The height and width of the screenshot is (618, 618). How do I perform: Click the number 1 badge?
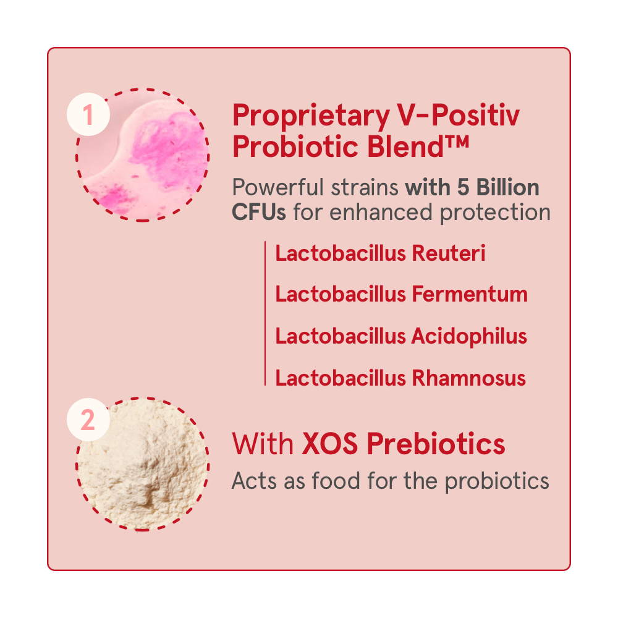pyautogui.click(x=88, y=114)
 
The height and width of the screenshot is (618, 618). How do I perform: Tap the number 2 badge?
pyautogui.click(x=88, y=420)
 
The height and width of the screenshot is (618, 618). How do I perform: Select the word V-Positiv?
pyautogui.click(x=459, y=115)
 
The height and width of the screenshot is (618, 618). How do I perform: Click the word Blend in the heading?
pyautogui.click(x=405, y=146)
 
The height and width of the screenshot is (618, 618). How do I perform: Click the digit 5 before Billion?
pyautogui.click(x=463, y=187)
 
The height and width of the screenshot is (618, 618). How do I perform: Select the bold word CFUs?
pyautogui.click(x=258, y=212)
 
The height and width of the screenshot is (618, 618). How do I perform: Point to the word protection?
pyautogui.click(x=495, y=213)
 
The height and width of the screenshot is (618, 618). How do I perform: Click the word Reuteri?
pyautogui.click(x=449, y=253)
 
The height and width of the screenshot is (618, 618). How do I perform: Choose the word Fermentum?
pyautogui.click(x=470, y=294)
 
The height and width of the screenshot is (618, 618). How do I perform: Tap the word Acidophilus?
pyautogui.click(x=469, y=337)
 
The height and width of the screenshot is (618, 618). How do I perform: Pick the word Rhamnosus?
pyautogui.click(x=469, y=378)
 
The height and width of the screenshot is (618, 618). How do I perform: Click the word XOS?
pyautogui.click(x=330, y=444)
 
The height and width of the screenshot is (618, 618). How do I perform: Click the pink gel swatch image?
pyautogui.click(x=142, y=155)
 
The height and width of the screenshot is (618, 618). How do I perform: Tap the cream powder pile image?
pyautogui.click(x=142, y=464)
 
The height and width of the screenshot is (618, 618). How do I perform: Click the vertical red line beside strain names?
pyautogui.click(x=265, y=313)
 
